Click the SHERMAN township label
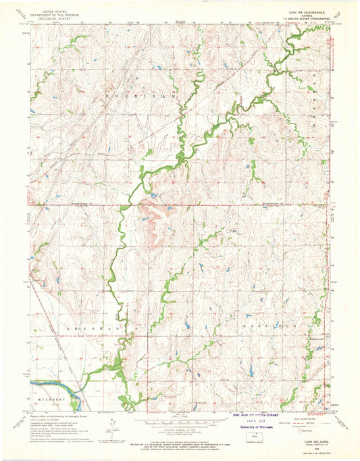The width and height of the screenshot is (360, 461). point(91,327)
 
